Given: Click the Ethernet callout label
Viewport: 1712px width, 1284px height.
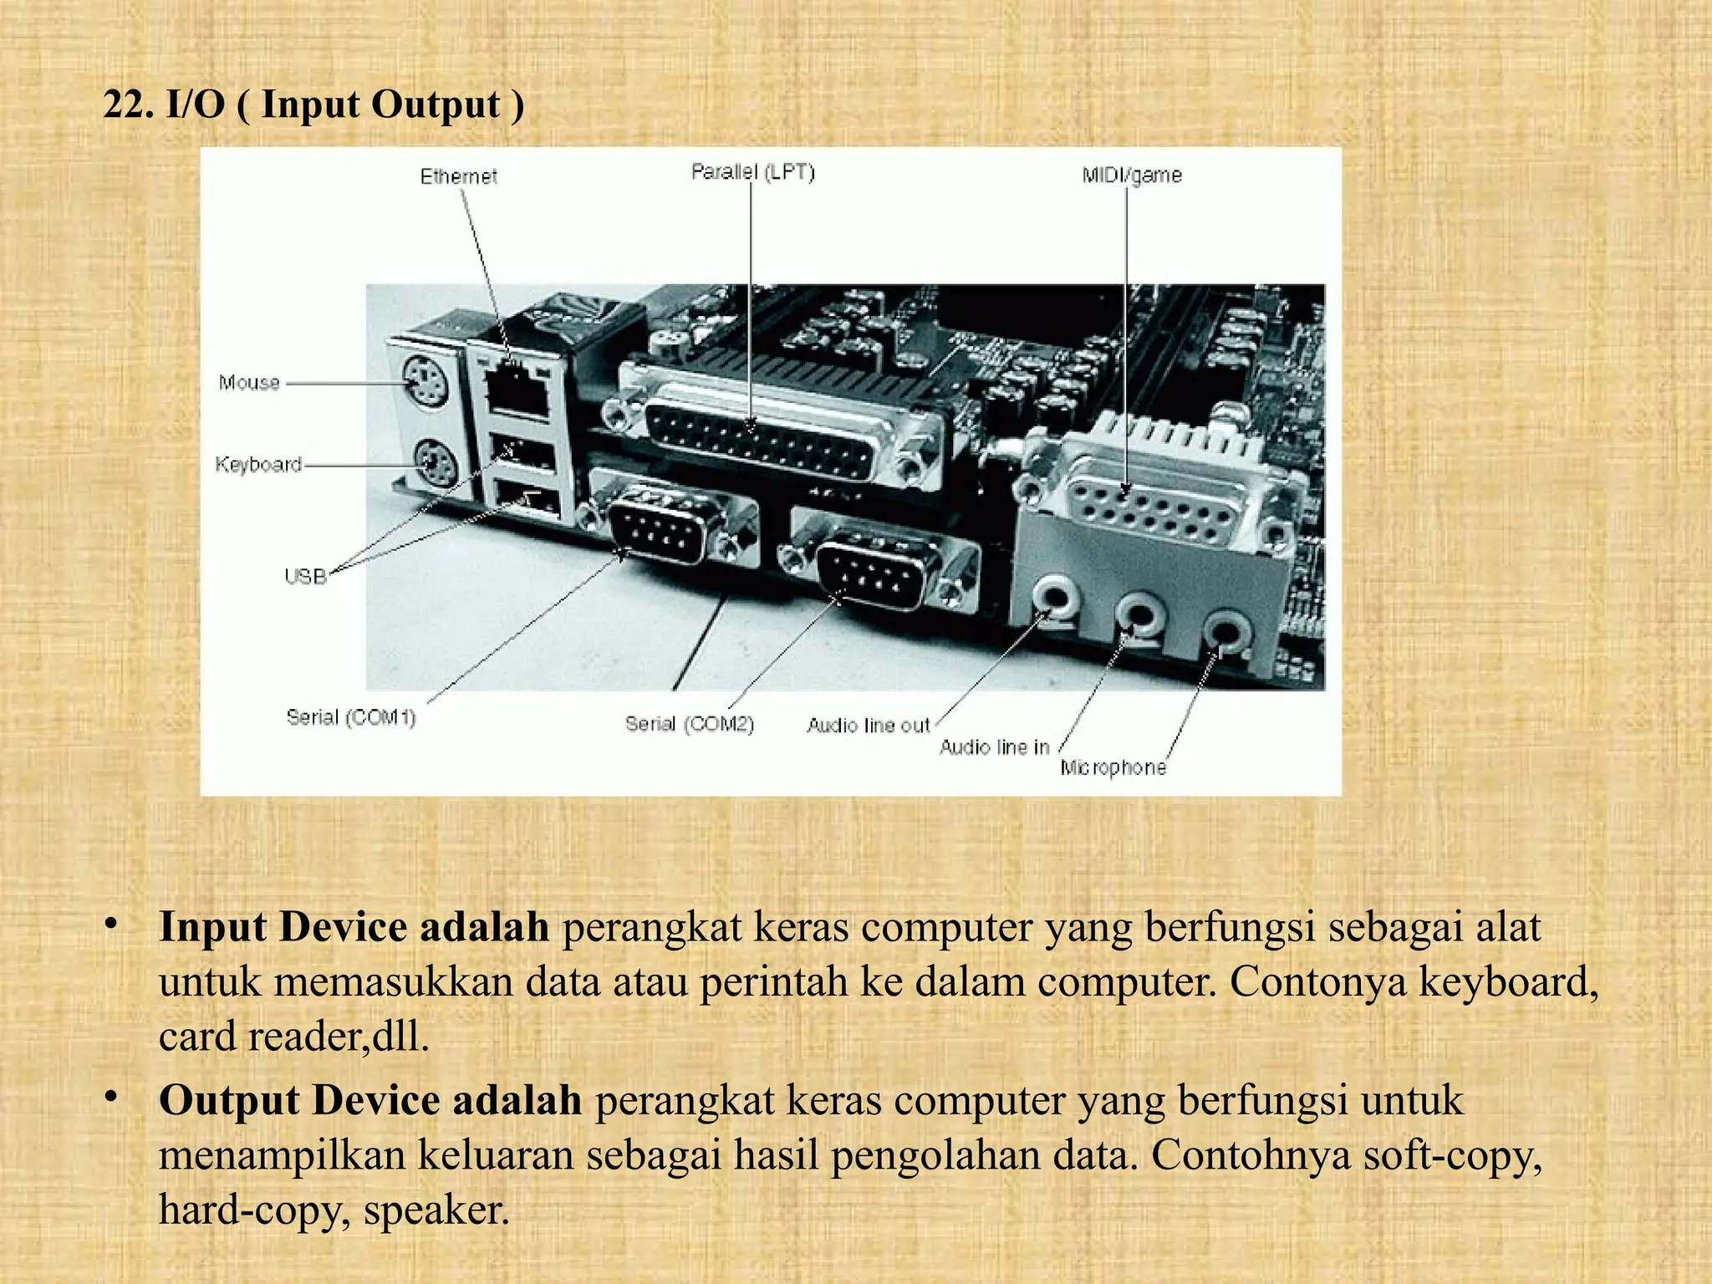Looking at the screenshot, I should coord(458,176).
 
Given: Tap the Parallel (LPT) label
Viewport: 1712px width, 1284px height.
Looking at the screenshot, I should coord(752,171).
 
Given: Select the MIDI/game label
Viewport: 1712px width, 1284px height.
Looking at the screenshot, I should coord(1131,175).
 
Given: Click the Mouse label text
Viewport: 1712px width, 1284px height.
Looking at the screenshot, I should coord(249,383).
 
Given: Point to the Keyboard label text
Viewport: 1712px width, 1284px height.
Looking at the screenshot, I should coord(258,464).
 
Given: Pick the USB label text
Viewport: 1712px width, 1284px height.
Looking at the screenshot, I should coord(305,576).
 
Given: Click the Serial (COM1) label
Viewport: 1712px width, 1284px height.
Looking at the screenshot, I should coord(350,717).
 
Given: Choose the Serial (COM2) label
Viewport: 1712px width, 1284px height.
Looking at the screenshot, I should coord(689,724).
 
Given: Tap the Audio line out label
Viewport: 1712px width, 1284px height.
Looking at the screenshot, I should coord(868,726).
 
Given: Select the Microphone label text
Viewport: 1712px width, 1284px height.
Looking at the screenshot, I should coord(1113,767).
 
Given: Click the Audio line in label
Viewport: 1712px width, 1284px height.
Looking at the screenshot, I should coord(994,747).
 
